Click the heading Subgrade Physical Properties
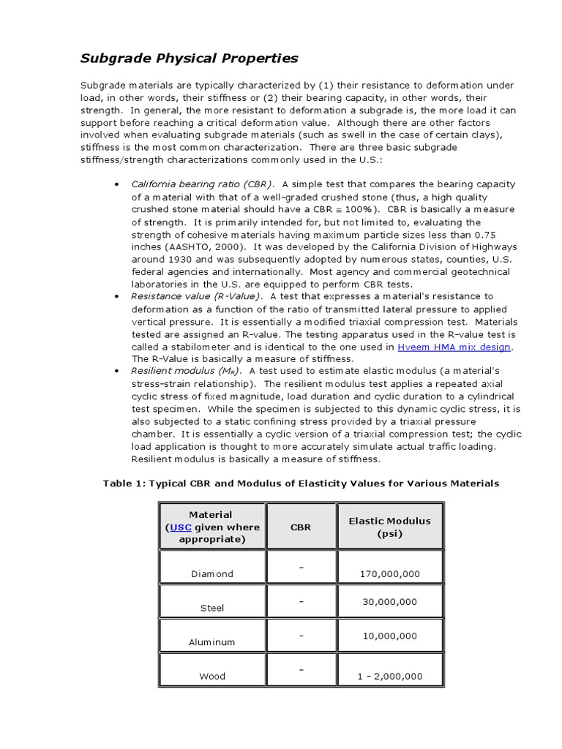(x=190, y=58)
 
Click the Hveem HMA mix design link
(x=454, y=347)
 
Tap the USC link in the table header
(x=181, y=527)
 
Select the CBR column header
(x=300, y=527)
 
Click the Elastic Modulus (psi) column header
(x=389, y=527)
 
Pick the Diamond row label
(x=212, y=574)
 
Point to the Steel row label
(x=212, y=608)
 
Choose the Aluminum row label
(x=212, y=642)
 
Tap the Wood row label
(x=212, y=677)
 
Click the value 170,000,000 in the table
(x=389, y=574)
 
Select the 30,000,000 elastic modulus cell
(x=389, y=602)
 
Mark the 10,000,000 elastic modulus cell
(x=389, y=636)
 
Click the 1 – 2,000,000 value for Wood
(x=389, y=677)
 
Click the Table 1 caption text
(x=301, y=483)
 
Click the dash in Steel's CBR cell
(x=301, y=601)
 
